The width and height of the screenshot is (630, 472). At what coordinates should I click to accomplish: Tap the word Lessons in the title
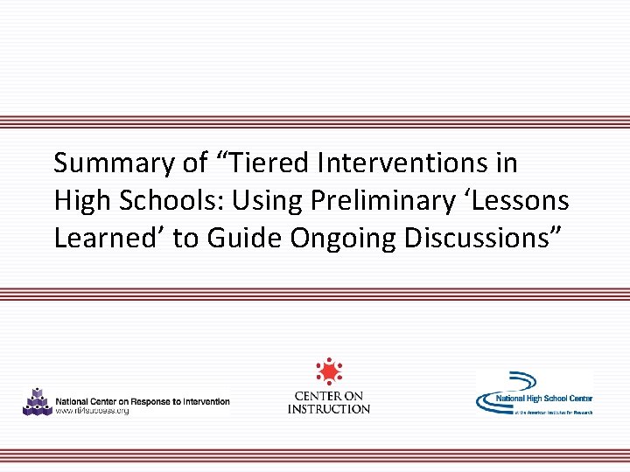pos(526,201)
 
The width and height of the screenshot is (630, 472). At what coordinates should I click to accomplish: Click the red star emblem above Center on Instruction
pos(329,371)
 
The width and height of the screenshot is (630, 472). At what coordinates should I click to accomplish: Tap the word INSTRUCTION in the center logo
pos(329,409)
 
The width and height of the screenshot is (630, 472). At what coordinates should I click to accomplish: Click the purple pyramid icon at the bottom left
pos(37,401)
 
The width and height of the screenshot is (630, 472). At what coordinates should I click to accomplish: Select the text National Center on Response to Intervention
pos(143,401)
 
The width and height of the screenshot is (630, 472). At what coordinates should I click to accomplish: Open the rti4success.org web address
pos(92,411)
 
